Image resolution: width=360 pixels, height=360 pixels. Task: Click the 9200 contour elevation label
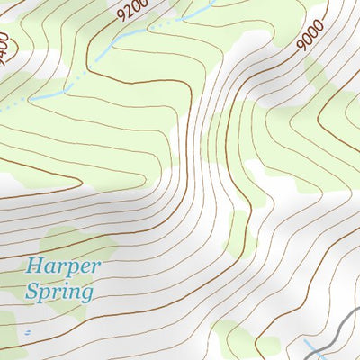click(131, 12)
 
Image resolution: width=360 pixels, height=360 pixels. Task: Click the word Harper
click(63, 266)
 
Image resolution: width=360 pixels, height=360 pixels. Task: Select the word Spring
click(58, 292)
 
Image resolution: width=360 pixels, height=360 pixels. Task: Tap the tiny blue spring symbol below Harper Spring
click(28, 332)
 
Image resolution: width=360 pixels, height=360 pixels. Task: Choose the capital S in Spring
click(31, 292)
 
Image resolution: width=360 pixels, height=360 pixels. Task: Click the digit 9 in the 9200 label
click(121, 16)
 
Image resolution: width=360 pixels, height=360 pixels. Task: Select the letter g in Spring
click(85, 295)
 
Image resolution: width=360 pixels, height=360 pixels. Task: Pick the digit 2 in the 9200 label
click(128, 13)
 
